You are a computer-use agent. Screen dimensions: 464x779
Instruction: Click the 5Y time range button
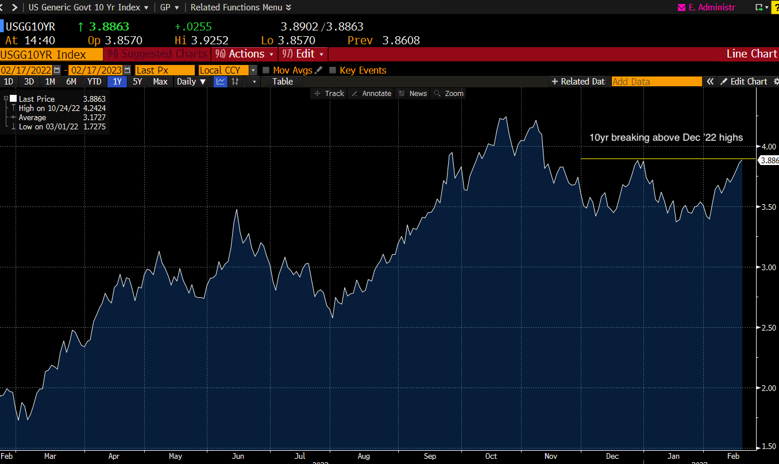pos(137,82)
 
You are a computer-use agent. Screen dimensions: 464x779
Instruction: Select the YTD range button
pos(94,82)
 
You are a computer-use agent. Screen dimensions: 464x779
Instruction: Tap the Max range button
pos(160,82)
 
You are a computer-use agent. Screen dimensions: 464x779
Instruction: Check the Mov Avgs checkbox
pos(266,70)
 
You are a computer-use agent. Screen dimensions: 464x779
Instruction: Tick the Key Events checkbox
pos(333,70)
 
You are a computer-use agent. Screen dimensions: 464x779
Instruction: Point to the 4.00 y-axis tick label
pos(768,146)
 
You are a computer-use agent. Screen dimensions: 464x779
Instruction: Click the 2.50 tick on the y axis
pos(768,327)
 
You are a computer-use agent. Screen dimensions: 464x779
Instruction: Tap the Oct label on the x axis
pos(491,456)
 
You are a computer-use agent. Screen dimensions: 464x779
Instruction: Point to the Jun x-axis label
pos(237,456)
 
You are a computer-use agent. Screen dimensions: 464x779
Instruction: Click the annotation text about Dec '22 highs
pos(666,137)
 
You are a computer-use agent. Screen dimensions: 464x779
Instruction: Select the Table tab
pos(283,82)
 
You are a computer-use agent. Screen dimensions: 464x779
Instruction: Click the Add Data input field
pos(656,82)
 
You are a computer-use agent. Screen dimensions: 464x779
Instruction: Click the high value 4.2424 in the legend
pos(94,108)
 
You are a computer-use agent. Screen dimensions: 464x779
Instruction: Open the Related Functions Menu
pos(241,7)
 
